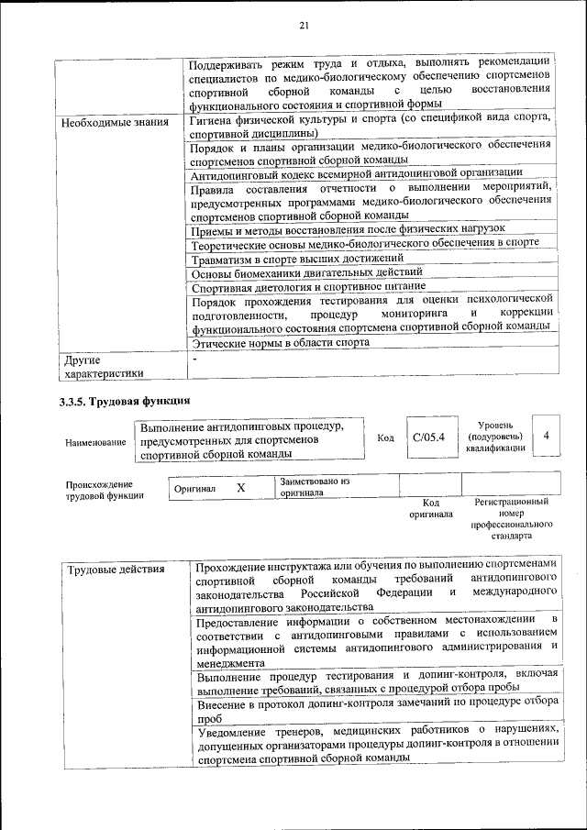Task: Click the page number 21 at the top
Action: (x=303, y=25)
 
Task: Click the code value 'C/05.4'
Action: (x=428, y=437)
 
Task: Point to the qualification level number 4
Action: (x=546, y=437)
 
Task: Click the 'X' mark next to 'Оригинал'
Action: (x=240, y=489)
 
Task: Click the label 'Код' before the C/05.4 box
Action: (x=386, y=437)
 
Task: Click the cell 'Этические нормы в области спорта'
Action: (x=280, y=342)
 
